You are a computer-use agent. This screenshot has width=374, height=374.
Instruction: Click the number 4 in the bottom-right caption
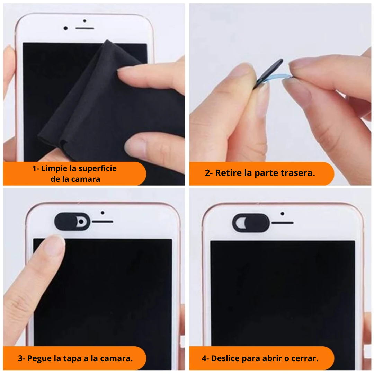[204, 358]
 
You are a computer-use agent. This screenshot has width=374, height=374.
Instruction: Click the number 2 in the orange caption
[207, 173]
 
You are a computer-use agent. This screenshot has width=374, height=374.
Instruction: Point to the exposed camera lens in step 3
[81, 222]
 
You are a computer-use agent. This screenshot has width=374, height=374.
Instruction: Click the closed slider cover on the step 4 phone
[251, 223]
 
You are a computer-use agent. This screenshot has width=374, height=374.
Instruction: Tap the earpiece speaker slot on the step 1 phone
[85, 28]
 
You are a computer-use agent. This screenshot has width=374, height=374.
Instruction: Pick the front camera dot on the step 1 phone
[65, 28]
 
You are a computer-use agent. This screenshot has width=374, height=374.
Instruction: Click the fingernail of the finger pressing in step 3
[55, 246]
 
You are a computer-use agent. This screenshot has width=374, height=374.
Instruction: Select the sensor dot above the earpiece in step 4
[283, 214]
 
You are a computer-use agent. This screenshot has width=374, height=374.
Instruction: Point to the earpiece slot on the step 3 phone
[103, 222]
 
